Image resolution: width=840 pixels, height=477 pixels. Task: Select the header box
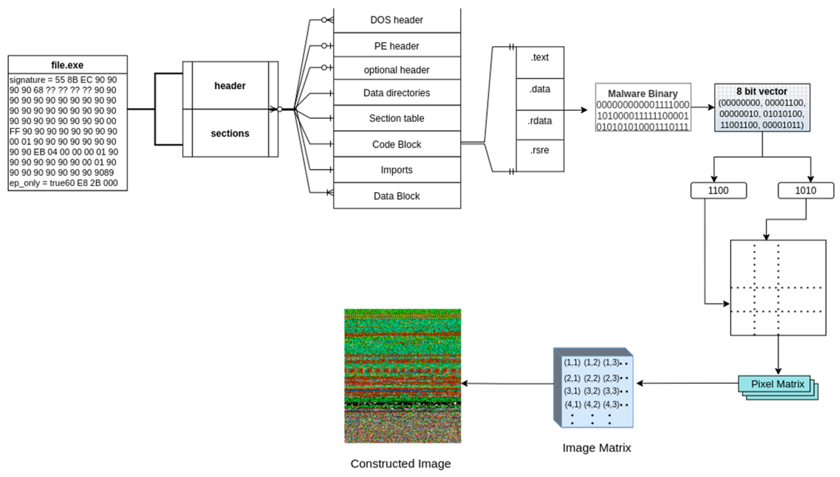230,85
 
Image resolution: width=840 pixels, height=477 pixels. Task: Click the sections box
230,133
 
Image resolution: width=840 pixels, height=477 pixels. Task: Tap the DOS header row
396,20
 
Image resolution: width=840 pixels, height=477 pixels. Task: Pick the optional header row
396,70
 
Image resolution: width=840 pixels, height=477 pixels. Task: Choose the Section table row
396,118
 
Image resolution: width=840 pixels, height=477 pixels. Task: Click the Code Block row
396,144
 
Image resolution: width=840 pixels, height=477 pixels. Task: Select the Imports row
396,170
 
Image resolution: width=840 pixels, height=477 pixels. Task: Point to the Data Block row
396,196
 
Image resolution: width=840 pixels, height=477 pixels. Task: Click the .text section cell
540,58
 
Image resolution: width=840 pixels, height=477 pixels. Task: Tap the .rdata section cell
540,121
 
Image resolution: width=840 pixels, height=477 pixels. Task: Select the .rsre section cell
540,150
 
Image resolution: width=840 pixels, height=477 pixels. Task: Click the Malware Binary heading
642,94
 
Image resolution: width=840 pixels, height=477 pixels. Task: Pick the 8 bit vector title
761,92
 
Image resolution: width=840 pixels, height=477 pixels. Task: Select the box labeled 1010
805,190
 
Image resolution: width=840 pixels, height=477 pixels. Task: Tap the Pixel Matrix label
777,384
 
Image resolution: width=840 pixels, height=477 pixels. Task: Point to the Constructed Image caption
400,464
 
